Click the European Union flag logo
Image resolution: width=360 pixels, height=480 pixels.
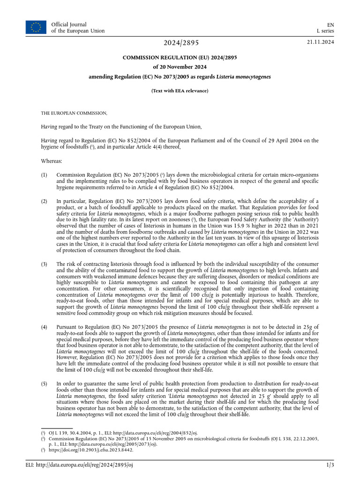[x=36, y=27]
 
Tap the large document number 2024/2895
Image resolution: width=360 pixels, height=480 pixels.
[x=181, y=43]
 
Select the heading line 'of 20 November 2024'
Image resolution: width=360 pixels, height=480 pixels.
[x=180, y=67]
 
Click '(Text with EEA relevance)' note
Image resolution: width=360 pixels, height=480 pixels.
[x=180, y=91]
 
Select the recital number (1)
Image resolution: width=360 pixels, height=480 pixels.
[x=45, y=174]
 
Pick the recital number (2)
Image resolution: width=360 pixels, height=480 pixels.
[x=45, y=201]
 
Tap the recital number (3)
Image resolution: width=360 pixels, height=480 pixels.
[x=45, y=264]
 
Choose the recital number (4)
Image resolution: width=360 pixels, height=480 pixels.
[x=45, y=326]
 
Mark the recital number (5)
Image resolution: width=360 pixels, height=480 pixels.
[x=45, y=384]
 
